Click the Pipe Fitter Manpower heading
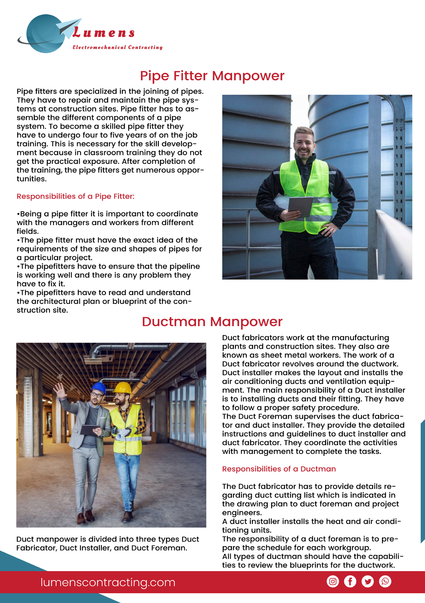pyautogui.click(x=212, y=76)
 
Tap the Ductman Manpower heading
pyautogui.click(x=212, y=322)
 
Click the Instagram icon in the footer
pyautogui.click(x=333, y=581)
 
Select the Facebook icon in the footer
pyautogui.click(x=350, y=581)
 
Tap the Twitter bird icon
pyautogui.click(x=367, y=581)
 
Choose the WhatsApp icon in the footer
pyautogui.click(x=385, y=581)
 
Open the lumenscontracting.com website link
pyautogui.click(x=108, y=582)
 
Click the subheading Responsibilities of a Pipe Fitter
pyautogui.click(x=75, y=196)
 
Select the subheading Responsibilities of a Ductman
pyautogui.click(x=279, y=469)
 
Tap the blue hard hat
pyautogui.click(x=98, y=388)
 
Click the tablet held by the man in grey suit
pyautogui.click(x=90, y=429)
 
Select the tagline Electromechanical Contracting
pyautogui.click(x=117, y=47)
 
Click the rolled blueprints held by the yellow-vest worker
pyautogui.click(x=124, y=434)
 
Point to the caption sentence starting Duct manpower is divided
pyautogui.click(x=107, y=543)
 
